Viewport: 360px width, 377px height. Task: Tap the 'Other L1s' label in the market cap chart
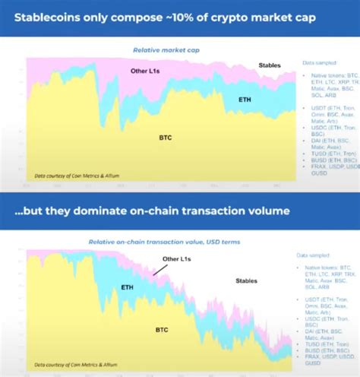145,71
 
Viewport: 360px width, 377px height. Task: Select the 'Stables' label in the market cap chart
270,65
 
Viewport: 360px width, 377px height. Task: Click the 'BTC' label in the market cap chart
163,138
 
